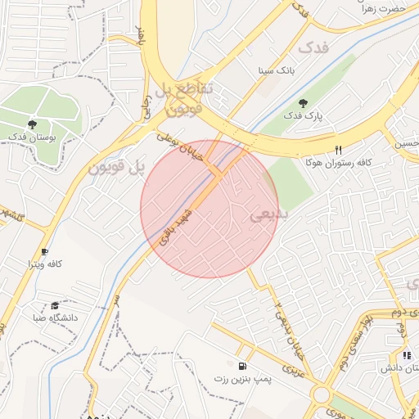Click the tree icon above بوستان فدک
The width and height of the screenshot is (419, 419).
pyautogui.click(x=32, y=124)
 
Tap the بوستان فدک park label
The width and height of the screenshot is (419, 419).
pyautogui.click(x=32, y=137)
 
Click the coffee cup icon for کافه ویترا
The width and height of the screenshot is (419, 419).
pyautogui.click(x=44, y=251)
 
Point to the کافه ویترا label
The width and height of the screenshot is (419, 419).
pyautogui.click(x=45, y=264)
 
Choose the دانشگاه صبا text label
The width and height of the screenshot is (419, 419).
pyautogui.click(x=56, y=317)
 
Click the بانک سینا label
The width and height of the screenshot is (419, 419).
pyautogui.click(x=276, y=70)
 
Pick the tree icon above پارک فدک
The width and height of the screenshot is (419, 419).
pyautogui.click(x=304, y=104)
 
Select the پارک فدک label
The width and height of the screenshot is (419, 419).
pyautogui.click(x=304, y=117)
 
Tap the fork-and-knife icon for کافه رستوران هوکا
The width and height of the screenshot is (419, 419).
pyautogui.click(x=339, y=150)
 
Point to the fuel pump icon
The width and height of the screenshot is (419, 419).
pyautogui.click(x=242, y=367)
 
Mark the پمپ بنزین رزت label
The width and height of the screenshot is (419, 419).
pyautogui.click(x=242, y=380)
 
